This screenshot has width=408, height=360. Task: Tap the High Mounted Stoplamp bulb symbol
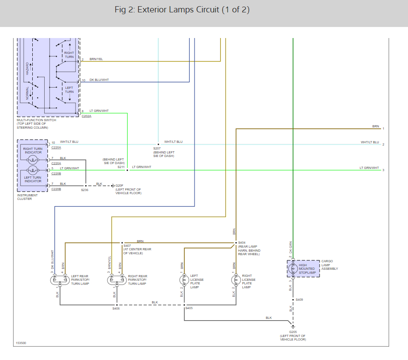click(292, 268)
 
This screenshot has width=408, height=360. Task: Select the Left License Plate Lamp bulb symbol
click(184, 280)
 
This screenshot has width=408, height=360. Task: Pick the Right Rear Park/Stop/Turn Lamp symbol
click(116, 280)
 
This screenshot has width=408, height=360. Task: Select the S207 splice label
click(157, 149)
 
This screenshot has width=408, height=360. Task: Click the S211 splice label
click(121, 167)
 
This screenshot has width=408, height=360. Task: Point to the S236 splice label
click(84, 190)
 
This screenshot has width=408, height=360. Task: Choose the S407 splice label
click(127, 245)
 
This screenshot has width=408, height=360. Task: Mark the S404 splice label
click(241, 243)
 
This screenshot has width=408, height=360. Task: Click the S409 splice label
click(299, 300)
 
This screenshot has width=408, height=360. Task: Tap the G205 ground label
click(293, 332)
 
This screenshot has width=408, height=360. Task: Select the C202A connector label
click(86, 116)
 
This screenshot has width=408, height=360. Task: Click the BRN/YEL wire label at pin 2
click(96, 59)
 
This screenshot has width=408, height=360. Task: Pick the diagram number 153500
click(21, 343)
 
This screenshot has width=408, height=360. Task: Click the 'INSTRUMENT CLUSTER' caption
click(27, 197)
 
